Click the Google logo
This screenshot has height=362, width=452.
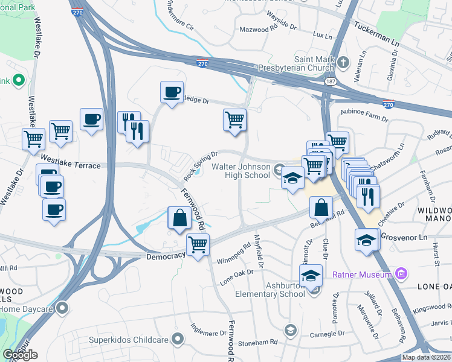click(21, 355)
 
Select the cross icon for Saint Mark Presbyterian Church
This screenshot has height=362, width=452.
click(343, 62)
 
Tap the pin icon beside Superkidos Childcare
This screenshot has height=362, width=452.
click(177, 338)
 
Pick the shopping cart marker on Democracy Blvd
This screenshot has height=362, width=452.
click(198, 245)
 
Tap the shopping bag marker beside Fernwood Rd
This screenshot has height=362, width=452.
click(180, 218)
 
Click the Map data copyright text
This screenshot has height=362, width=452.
click(427, 357)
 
